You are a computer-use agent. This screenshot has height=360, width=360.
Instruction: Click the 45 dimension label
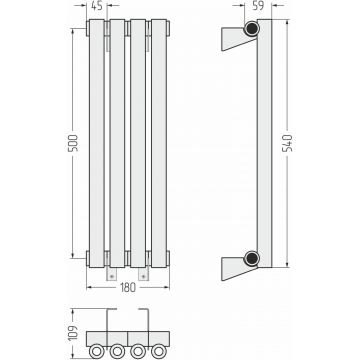click(x=97, y=6)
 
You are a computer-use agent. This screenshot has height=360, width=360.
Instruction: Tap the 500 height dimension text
click(x=73, y=143)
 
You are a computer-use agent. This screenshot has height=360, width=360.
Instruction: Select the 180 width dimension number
click(x=128, y=287)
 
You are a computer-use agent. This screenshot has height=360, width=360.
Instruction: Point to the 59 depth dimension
click(x=258, y=6)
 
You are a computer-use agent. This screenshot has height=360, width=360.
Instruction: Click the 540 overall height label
click(x=287, y=143)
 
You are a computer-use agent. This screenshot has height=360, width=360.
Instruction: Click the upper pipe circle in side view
click(x=251, y=29)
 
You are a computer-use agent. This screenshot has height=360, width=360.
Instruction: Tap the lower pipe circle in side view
click(x=251, y=258)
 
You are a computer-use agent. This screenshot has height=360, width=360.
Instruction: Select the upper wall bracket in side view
click(x=237, y=38)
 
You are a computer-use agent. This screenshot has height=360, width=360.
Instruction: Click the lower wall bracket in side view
click(x=237, y=268)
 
